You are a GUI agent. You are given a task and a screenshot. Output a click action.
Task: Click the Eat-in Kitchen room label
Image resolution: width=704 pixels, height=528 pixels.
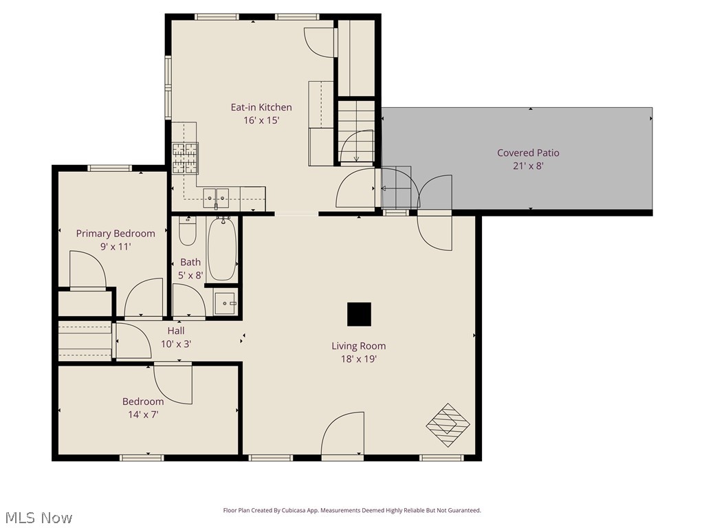261,107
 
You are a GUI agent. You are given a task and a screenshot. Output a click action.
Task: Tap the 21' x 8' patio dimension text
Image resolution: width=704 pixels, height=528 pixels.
528,166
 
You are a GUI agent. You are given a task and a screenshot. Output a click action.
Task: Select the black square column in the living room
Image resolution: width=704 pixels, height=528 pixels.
359,314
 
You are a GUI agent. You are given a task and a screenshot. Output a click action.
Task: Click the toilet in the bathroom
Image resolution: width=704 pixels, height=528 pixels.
188,231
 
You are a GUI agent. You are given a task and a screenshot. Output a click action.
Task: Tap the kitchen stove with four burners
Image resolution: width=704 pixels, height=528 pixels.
185,157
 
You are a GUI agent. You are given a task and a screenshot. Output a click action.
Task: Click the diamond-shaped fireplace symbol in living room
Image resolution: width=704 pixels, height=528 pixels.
448,425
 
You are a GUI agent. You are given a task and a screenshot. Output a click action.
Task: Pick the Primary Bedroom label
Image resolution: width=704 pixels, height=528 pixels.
115,233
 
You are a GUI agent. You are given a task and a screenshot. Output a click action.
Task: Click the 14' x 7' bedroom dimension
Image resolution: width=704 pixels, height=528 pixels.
143,414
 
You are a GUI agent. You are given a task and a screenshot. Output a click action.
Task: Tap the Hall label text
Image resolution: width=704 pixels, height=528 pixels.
176,331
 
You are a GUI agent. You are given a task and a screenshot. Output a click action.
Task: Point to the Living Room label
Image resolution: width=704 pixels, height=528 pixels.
358,346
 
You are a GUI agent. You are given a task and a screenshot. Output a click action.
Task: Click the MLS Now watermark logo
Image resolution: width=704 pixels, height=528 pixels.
38,517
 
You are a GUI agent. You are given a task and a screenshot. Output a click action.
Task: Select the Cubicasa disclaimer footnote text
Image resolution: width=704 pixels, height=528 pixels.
352,510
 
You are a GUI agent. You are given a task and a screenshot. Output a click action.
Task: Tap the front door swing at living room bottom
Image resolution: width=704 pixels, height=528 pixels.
343,434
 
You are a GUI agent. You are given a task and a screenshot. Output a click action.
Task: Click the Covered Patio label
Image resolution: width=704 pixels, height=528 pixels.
528,153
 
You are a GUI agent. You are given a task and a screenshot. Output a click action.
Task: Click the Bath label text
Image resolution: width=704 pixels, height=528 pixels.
190,262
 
